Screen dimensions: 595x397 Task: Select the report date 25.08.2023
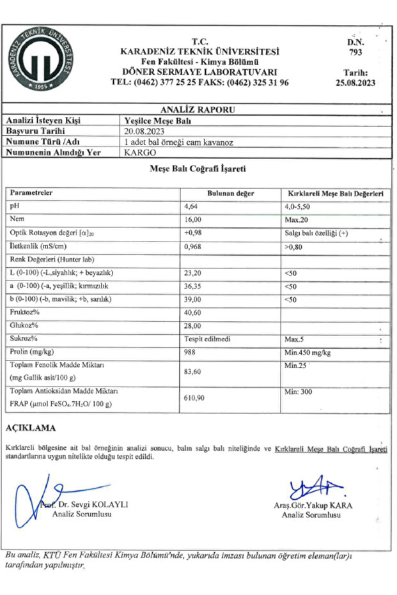coord(355,82)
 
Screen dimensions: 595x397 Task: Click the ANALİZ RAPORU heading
coord(198,109)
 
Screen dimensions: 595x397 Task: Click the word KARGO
coord(137,152)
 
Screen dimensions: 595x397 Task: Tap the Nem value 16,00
coord(192,220)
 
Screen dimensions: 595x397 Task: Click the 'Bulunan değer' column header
coord(231,192)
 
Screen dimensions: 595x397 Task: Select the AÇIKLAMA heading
coord(30,428)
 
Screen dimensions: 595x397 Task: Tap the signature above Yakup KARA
coord(313,490)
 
